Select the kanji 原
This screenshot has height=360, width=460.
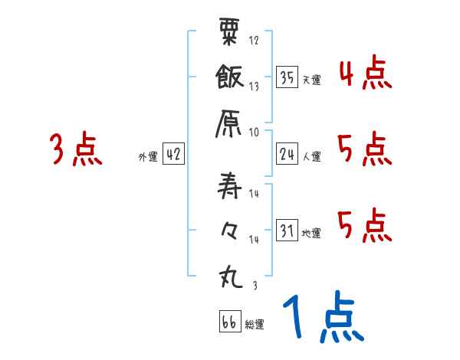[x=231, y=122]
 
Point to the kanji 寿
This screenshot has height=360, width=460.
[x=231, y=184]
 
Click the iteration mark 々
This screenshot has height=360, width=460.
[x=231, y=229]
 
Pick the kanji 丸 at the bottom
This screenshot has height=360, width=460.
[x=231, y=275]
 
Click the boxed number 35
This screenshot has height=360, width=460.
[x=287, y=77]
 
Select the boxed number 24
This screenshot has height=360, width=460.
[x=287, y=154]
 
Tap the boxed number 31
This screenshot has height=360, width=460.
[x=287, y=230]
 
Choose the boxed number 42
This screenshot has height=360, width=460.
[x=173, y=154]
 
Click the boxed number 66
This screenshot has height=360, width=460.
[x=228, y=322]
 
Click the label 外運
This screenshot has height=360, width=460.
[x=147, y=157]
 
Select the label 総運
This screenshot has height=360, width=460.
[x=255, y=325]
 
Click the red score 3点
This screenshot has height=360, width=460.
[x=75, y=149]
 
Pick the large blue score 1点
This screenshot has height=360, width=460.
[x=322, y=318]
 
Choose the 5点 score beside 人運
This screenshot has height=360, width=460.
[x=364, y=149]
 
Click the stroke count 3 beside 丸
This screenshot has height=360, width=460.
[x=254, y=284]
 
